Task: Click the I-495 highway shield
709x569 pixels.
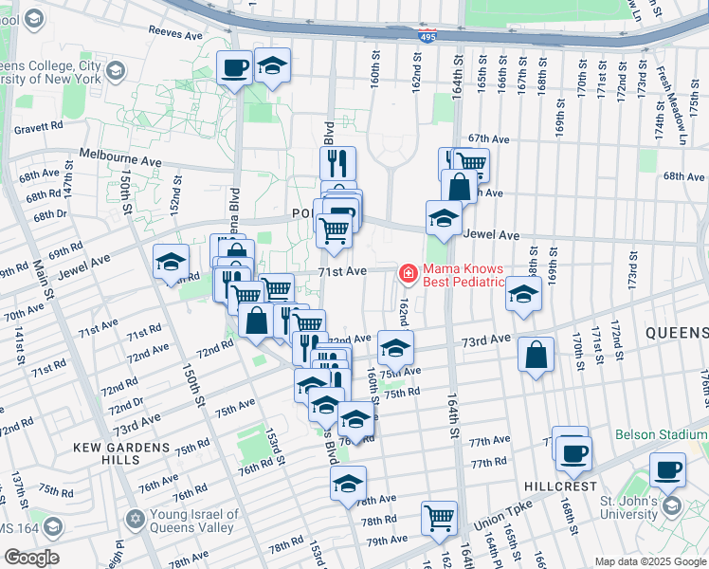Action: (429, 37)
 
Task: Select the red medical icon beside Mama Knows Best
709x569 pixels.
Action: (409, 274)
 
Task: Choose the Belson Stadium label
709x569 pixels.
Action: (661, 434)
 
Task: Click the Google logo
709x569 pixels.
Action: (30, 557)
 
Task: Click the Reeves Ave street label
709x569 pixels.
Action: (175, 33)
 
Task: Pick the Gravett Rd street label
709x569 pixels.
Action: (39, 124)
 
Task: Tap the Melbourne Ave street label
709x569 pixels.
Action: (120, 156)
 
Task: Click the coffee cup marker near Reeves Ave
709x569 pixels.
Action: (234, 68)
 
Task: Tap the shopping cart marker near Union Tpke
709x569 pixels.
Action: (439, 518)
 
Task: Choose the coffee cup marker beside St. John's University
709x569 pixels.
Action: (667, 468)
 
